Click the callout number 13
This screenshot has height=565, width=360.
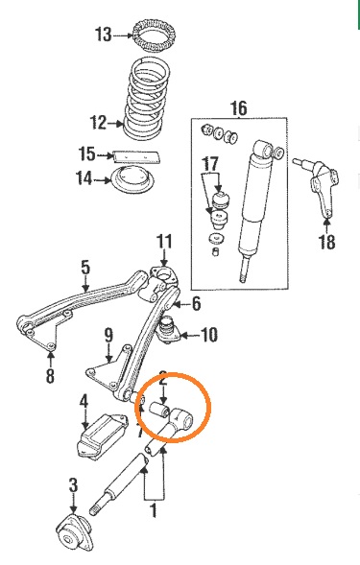point(103,35)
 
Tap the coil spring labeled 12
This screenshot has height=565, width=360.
point(147,99)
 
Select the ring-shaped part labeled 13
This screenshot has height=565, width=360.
point(155,36)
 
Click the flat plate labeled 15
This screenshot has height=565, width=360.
point(137,156)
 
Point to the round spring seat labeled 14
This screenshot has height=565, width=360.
point(133,179)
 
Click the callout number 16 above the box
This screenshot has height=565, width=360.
point(239,108)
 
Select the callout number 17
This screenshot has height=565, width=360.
point(210,164)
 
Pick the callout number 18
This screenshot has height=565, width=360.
point(326,242)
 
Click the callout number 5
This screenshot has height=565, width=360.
point(85,268)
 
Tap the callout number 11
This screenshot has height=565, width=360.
point(164,242)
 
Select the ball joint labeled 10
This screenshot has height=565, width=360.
point(168,329)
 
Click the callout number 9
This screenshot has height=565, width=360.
point(108,335)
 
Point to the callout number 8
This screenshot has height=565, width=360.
point(50,375)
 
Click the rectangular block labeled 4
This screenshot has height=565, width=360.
point(102,436)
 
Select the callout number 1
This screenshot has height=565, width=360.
point(154,511)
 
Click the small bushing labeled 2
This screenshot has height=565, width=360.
point(159,410)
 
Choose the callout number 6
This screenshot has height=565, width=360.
point(196,304)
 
